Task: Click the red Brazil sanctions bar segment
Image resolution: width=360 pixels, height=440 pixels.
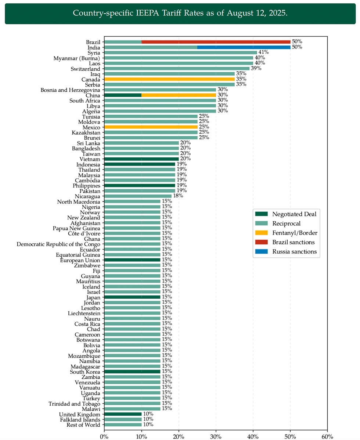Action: tap(216, 42)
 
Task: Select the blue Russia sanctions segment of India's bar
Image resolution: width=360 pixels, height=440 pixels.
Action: tap(244, 47)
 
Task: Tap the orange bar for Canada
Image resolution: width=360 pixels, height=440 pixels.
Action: tap(169, 79)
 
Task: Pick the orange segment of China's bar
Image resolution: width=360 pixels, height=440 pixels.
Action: tap(179, 95)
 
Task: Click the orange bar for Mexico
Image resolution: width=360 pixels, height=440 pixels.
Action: tap(151, 127)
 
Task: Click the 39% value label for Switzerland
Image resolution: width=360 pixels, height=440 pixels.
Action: tap(256, 69)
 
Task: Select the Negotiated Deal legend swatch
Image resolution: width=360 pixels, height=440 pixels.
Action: tap(261, 214)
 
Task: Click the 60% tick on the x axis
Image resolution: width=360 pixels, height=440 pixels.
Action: tap(327, 436)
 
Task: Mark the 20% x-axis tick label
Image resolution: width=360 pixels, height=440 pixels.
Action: tap(179, 436)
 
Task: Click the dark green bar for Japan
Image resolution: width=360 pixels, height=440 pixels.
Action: tap(132, 297)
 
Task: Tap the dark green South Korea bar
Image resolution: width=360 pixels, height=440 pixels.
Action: tap(132, 371)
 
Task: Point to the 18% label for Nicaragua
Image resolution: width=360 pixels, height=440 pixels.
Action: tap(178, 196)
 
